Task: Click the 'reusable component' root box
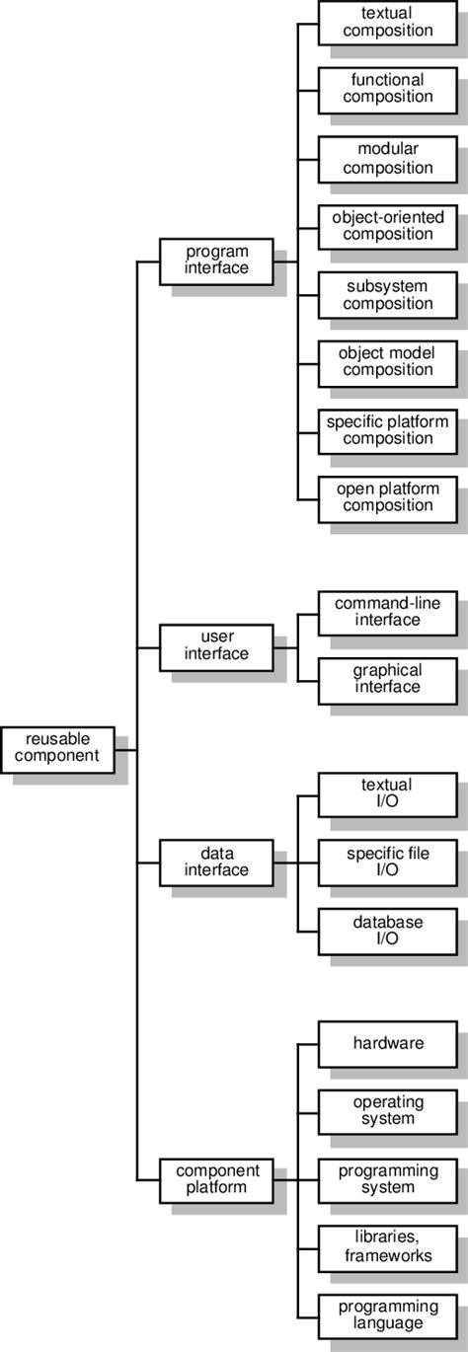(x=57, y=748)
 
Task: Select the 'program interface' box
(x=216, y=260)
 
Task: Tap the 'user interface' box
(x=216, y=645)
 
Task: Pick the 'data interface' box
(x=216, y=862)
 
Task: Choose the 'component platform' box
(x=216, y=1178)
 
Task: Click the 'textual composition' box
(x=388, y=22)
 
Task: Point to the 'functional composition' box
(x=388, y=89)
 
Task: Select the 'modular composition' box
(x=388, y=158)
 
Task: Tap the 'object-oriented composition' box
(x=388, y=225)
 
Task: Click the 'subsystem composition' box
(x=388, y=294)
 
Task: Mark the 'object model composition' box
(x=388, y=361)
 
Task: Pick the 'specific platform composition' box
(x=388, y=430)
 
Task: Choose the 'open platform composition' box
(x=388, y=497)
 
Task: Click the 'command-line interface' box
(x=388, y=612)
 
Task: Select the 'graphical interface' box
(x=388, y=679)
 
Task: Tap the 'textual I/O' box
(x=388, y=793)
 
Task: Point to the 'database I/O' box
(x=388, y=930)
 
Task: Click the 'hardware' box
(x=388, y=1043)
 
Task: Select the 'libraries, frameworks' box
(x=388, y=1246)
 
